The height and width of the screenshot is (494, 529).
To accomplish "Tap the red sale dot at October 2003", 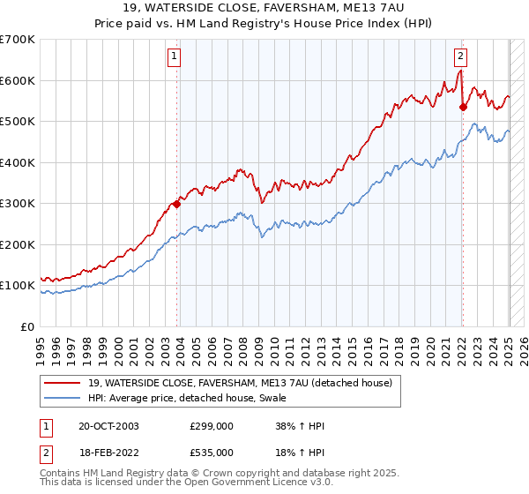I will tap(177, 204).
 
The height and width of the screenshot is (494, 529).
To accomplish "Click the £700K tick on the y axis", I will tap(18, 40).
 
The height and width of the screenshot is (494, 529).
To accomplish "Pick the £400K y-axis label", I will tap(18, 162).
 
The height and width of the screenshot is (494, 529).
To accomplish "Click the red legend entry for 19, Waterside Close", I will tap(245, 382).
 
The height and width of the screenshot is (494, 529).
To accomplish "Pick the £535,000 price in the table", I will tap(212, 452).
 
